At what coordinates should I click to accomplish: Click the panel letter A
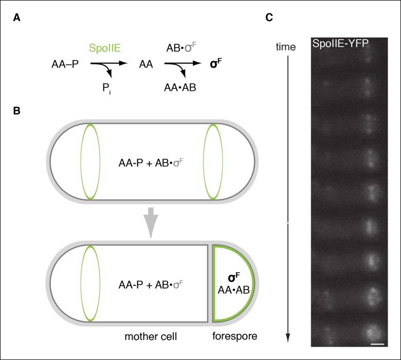(17, 17)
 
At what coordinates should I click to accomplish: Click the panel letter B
(17, 110)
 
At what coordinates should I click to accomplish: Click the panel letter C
(269, 17)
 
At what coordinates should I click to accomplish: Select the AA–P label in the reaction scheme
(66, 65)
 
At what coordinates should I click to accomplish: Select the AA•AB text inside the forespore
(233, 290)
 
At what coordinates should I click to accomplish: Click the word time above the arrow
(286, 47)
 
